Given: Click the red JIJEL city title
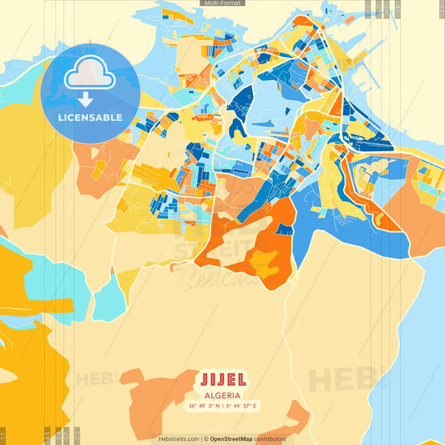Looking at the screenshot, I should (x=222, y=377).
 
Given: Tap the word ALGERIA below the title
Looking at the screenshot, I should (x=222, y=395).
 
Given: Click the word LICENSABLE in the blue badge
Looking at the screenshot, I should (x=89, y=117).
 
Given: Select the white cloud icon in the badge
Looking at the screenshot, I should (x=89, y=75).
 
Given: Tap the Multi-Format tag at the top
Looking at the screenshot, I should (x=223, y=3).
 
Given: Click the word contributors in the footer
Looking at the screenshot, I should (x=271, y=438).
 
